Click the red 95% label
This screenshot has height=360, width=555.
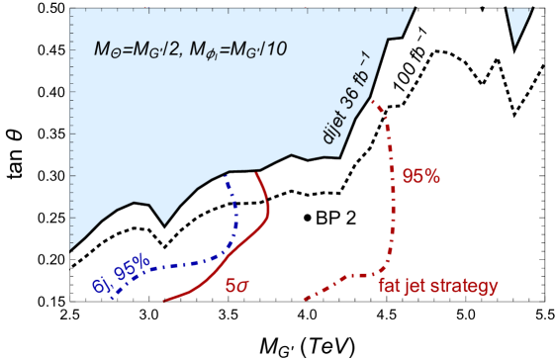click(x=420, y=176)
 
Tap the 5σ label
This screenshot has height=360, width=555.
click(x=237, y=286)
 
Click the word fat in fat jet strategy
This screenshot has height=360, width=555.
click(x=390, y=286)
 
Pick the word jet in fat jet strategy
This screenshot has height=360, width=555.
click(x=416, y=286)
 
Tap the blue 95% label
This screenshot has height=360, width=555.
click(x=133, y=266)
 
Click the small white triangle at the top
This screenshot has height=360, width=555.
click(x=516, y=26)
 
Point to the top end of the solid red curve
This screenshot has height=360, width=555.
click(x=257, y=174)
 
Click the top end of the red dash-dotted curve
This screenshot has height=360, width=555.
click(x=373, y=100)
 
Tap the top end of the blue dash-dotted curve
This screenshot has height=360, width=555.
click(x=227, y=175)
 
